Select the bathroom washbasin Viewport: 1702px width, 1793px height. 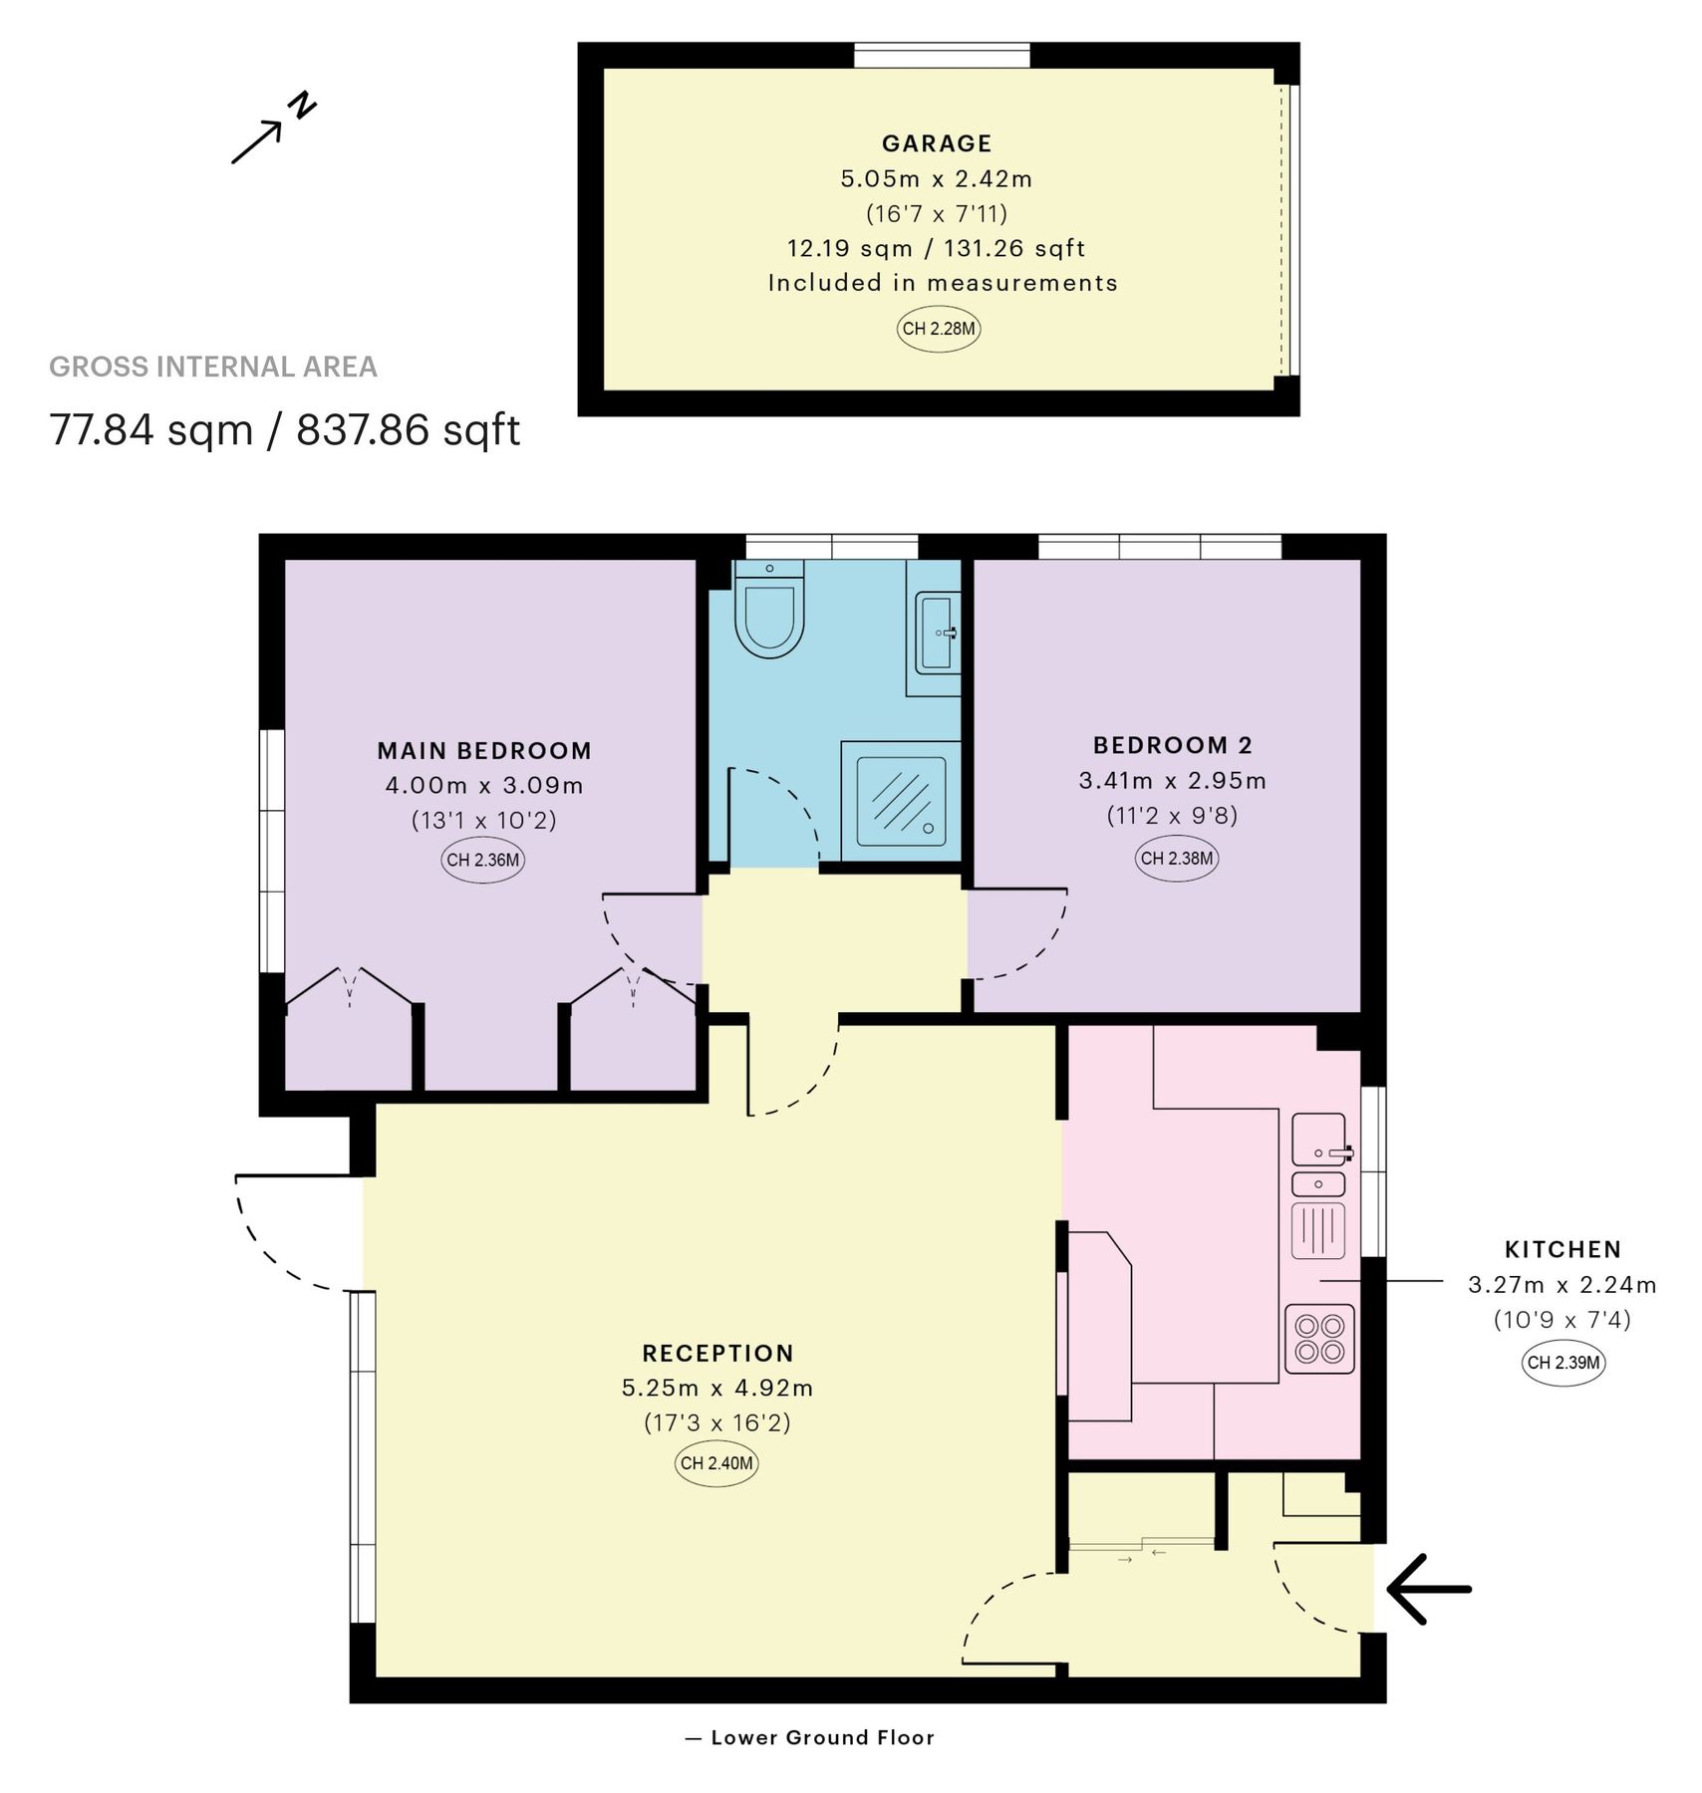tap(937, 632)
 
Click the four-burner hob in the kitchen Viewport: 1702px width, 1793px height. tap(1319, 1339)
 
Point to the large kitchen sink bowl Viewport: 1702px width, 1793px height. tap(1317, 1139)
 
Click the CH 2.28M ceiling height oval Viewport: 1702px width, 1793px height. tap(939, 329)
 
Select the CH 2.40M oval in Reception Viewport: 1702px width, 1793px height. tap(716, 1463)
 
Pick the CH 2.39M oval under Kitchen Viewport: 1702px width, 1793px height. tap(1563, 1363)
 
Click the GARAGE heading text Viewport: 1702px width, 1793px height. tap(937, 143)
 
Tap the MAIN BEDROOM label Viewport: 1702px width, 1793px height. tap(484, 751)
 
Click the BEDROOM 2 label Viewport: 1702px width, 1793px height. tap(1173, 745)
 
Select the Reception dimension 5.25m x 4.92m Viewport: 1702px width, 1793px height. tap(717, 1388)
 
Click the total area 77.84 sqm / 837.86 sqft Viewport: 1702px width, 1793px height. tap(285, 430)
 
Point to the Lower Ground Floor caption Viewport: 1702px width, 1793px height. tap(822, 1737)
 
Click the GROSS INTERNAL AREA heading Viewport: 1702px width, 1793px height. tap(213, 368)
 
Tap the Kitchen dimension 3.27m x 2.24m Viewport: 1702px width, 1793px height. tap(1561, 1285)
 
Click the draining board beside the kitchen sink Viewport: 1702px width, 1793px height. tap(1318, 1229)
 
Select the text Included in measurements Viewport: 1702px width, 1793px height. tap(943, 283)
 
